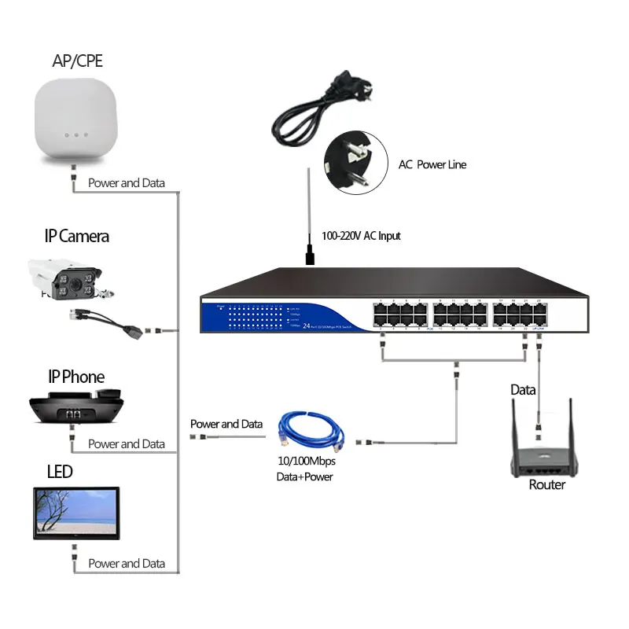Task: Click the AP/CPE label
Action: click(x=76, y=61)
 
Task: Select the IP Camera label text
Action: click(x=76, y=236)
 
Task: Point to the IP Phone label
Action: click(x=75, y=377)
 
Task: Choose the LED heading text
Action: click(x=59, y=472)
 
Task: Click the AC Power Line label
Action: click(x=432, y=165)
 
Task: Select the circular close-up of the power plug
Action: click(x=356, y=164)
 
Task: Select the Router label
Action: click(x=546, y=485)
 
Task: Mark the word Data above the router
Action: click(x=524, y=390)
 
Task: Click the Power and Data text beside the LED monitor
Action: click(x=126, y=564)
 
